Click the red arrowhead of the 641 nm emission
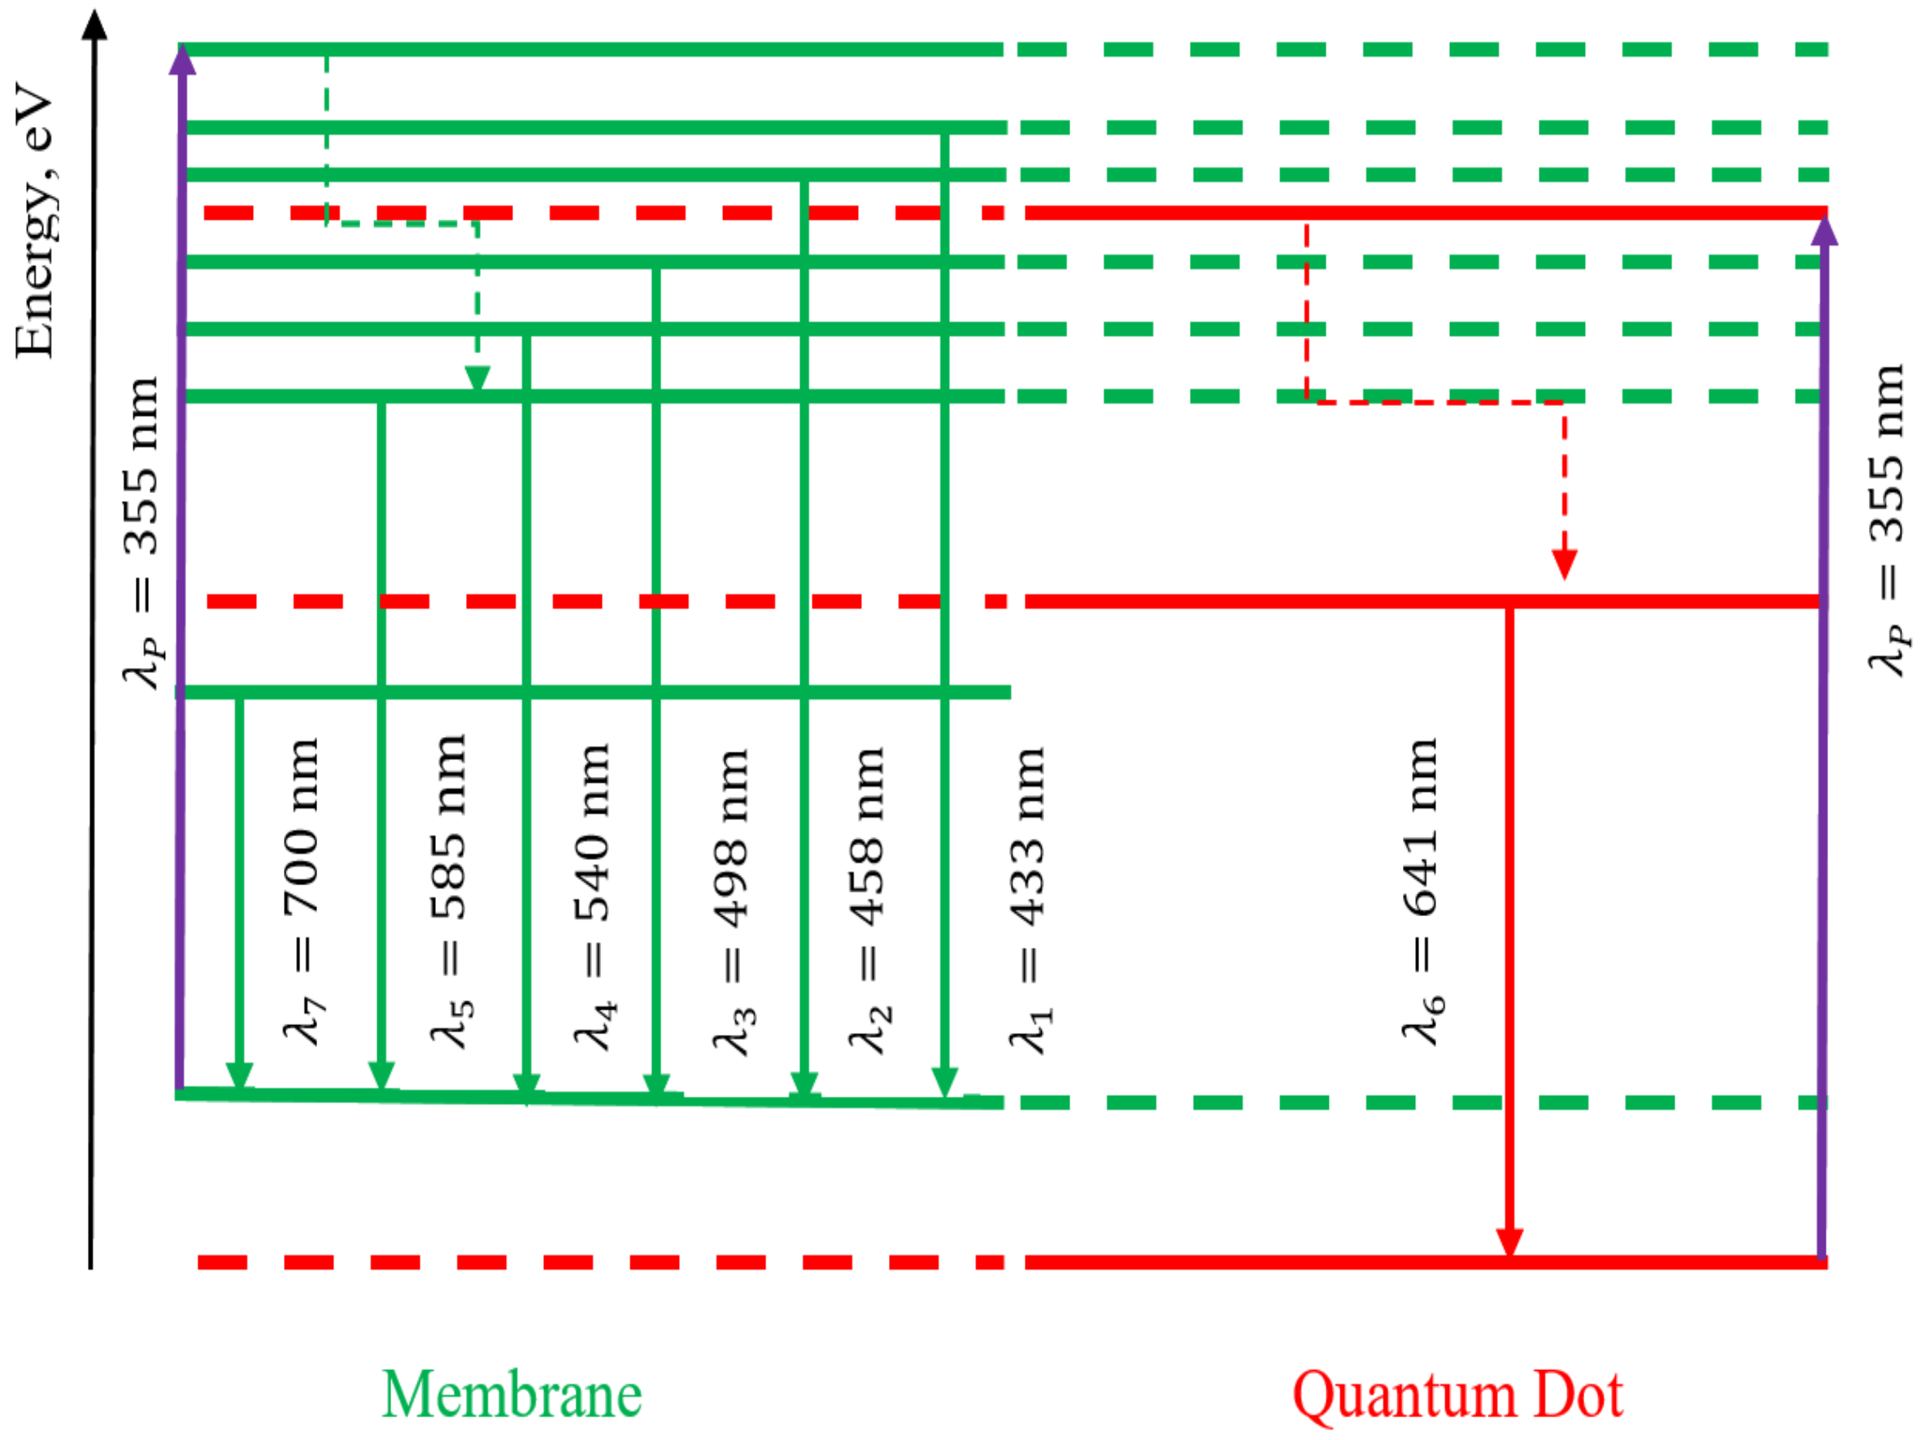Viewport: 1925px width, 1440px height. (1509, 1241)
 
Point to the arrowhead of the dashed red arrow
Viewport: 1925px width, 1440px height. (1565, 564)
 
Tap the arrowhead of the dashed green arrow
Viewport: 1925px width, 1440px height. (477, 379)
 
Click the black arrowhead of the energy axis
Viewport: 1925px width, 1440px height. (95, 24)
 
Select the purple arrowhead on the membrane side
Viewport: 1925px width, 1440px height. (182, 61)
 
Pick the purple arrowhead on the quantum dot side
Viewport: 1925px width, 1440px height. (1824, 230)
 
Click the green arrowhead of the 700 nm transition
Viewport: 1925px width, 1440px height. (239, 1076)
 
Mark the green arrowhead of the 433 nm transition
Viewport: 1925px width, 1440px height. (945, 1082)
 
